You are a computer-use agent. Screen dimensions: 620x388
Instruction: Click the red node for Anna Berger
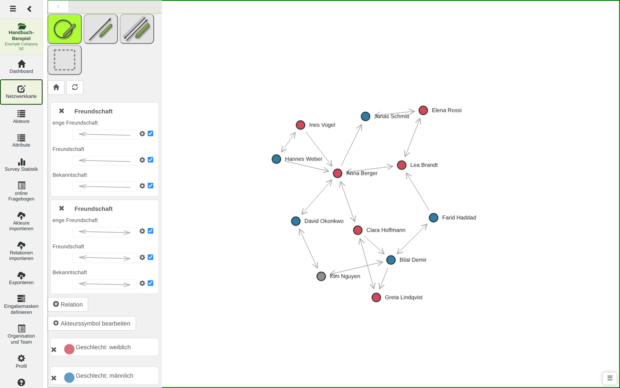point(338,173)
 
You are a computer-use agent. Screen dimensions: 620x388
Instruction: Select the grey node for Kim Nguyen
point(321,276)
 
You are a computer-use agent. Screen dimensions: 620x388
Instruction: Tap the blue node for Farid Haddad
point(433,218)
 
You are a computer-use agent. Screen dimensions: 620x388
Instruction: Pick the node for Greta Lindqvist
point(376,297)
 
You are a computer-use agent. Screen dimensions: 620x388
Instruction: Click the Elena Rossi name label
point(446,110)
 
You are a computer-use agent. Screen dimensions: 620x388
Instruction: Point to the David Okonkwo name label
point(324,221)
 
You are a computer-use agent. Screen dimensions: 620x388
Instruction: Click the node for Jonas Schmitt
point(365,116)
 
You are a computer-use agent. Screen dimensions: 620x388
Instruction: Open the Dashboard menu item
point(21,67)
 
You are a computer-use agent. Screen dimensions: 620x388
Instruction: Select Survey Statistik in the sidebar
point(21,165)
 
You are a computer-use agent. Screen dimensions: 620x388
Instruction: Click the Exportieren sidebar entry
point(21,278)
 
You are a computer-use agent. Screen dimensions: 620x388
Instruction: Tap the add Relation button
point(68,305)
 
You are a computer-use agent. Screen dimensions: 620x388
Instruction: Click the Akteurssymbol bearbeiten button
point(92,324)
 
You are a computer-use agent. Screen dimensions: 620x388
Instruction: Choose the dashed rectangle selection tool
point(65,60)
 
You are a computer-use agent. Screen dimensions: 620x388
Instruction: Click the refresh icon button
point(75,87)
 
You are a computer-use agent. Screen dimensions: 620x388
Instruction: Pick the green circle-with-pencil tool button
point(65,29)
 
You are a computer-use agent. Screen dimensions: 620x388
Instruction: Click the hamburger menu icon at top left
point(13,9)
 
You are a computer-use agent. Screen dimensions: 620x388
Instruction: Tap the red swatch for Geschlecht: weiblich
point(69,349)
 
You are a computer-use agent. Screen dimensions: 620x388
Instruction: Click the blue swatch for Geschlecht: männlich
point(69,377)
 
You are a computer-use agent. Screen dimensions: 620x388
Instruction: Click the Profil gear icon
point(21,358)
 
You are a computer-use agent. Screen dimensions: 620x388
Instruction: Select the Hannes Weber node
point(276,159)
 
